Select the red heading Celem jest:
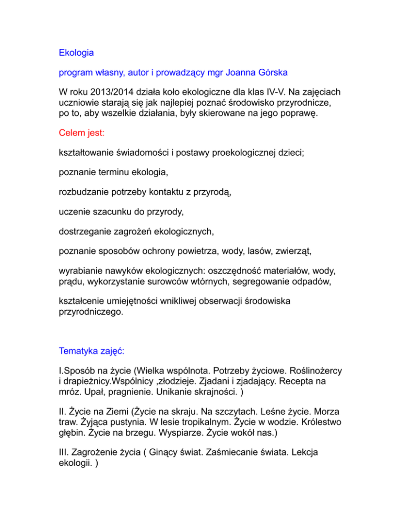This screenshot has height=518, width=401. (x=81, y=133)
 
